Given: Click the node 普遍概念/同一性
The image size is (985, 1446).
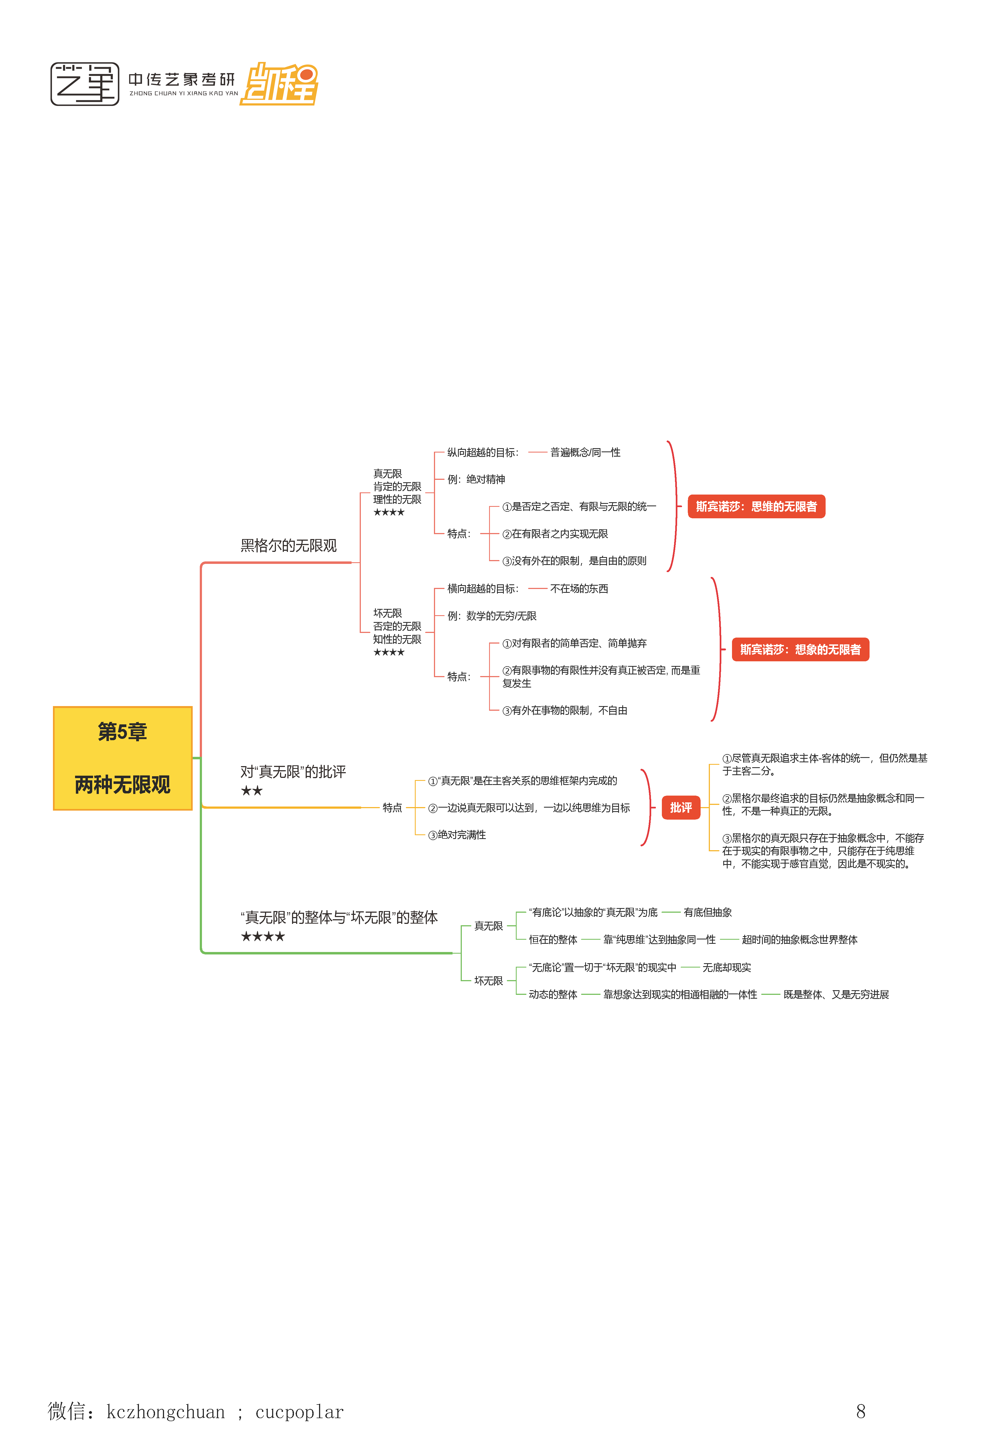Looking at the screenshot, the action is pyautogui.click(x=585, y=452).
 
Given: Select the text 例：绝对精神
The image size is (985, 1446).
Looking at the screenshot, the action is pyautogui.click(x=476, y=479).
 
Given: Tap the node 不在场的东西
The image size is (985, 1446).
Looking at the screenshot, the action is pyautogui.click(x=579, y=589).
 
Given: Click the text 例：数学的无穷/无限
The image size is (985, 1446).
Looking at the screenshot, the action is pyautogui.click(x=492, y=616).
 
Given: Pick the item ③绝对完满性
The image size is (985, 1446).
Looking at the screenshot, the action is pyautogui.click(x=457, y=835).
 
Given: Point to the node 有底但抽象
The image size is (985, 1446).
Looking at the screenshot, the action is pyautogui.click(x=707, y=912).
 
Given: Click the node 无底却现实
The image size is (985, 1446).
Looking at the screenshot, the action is pyautogui.click(x=726, y=968).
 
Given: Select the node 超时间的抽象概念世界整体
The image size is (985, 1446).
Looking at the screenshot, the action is pyautogui.click(x=799, y=939).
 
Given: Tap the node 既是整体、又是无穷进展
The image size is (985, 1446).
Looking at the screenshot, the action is pyautogui.click(x=836, y=994).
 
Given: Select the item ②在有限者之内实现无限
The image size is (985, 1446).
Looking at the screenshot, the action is pyautogui.click(x=555, y=534).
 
